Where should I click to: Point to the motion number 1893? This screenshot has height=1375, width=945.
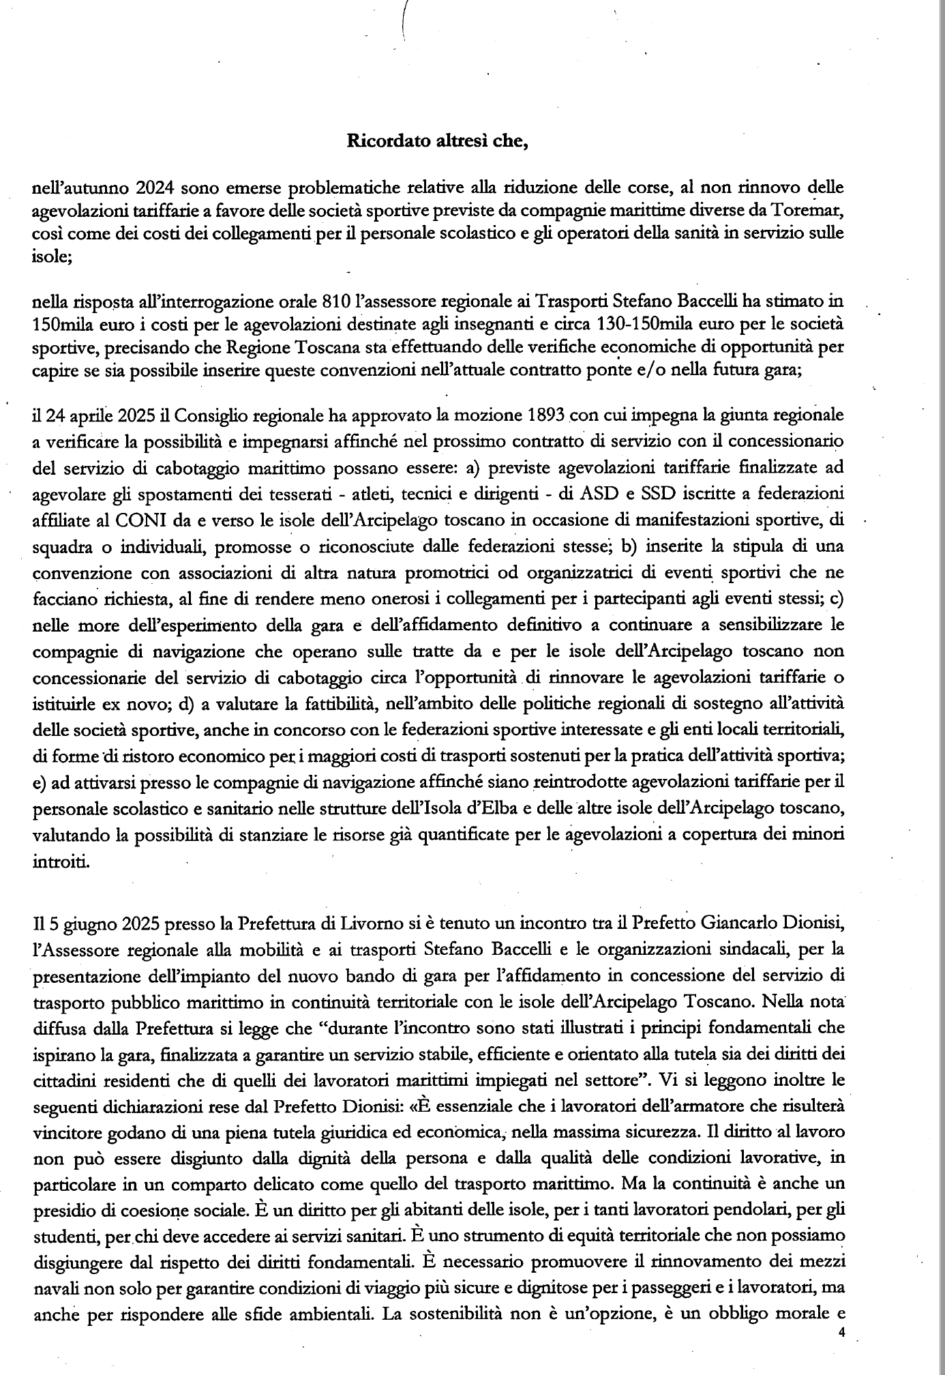[547, 415]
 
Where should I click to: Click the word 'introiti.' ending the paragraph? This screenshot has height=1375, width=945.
[61, 862]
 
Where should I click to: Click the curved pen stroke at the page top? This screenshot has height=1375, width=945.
[405, 20]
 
